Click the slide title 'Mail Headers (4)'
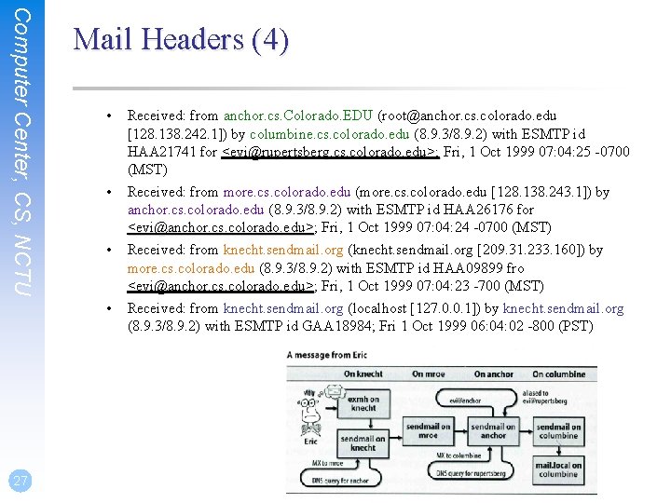181,40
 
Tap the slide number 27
20,481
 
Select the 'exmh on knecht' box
363,403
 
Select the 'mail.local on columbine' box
558,469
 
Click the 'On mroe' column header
428,374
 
